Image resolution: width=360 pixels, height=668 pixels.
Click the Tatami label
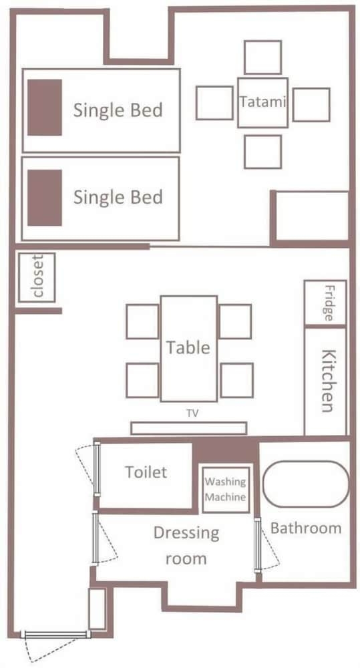[x=262, y=102]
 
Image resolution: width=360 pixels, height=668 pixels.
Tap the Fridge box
[x=325, y=303]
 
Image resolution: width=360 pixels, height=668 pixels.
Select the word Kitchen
[x=328, y=381]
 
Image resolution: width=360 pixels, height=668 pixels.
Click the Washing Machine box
[x=225, y=490]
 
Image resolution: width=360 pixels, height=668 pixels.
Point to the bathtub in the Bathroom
[x=306, y=484]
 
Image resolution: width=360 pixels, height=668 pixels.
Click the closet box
[x=37, y=278]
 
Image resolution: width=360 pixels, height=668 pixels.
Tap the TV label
[x=192, y=413]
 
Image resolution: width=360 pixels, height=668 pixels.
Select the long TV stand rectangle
[x=189, y=428]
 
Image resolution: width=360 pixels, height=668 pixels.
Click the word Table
[x=188, y=347]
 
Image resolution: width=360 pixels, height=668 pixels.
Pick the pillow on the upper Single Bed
[x=45, y=108]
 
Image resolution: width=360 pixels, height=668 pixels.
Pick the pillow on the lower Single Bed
[x=45, y=198]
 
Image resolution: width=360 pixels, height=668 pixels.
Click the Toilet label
[x=146, y=472]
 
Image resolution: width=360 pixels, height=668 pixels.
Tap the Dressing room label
[x=186, y=546]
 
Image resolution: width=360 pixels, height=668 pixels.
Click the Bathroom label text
[x=306, y=528]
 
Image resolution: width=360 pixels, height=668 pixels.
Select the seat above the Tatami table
[x=263, y=57]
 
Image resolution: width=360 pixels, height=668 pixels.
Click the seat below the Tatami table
[x=263, y=152]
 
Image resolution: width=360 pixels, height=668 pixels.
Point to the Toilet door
[x=96, y=469]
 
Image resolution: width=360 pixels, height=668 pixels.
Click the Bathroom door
[x=258, y=545]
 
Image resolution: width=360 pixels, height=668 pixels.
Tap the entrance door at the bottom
[x=55, y=635]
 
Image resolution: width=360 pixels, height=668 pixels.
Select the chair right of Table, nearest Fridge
[x=235, y=322]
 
